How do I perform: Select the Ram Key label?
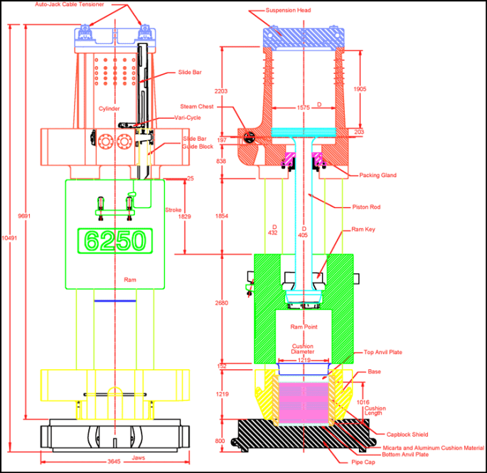pos(363,230)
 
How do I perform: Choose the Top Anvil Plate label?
pos(383,352)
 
